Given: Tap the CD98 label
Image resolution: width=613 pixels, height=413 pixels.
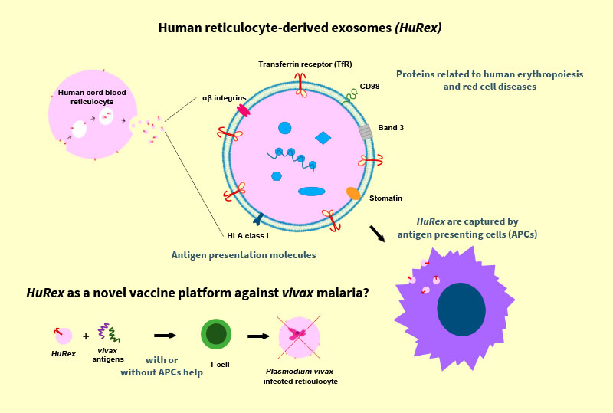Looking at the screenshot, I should coord(370,87).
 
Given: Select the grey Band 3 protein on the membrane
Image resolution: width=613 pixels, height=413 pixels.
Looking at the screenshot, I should coord(366,132).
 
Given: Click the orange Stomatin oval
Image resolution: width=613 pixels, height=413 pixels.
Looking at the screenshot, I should coord(353,193).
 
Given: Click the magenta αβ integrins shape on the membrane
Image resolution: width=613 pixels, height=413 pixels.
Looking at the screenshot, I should coord(244,111).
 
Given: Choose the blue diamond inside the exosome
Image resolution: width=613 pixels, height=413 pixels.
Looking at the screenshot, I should coord(323,138).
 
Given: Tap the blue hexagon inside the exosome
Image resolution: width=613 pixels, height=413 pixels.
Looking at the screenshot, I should coord(277,176).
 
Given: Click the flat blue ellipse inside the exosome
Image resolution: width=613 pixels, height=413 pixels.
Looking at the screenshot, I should coord(311,191).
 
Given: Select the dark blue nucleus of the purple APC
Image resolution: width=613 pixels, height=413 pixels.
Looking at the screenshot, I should coord(461,309).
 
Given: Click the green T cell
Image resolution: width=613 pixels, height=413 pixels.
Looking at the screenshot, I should coord(216,335).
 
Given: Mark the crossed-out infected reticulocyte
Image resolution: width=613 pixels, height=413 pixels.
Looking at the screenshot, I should coord(295,335).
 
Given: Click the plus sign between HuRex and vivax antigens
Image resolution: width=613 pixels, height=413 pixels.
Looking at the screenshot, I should coord(86,336).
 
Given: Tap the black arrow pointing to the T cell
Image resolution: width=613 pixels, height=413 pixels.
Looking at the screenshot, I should coord(165,335).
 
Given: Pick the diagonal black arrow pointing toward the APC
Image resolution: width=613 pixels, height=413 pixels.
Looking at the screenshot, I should coord(378,233).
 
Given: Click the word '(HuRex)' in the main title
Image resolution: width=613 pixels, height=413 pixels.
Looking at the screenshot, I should coord(418,28).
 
